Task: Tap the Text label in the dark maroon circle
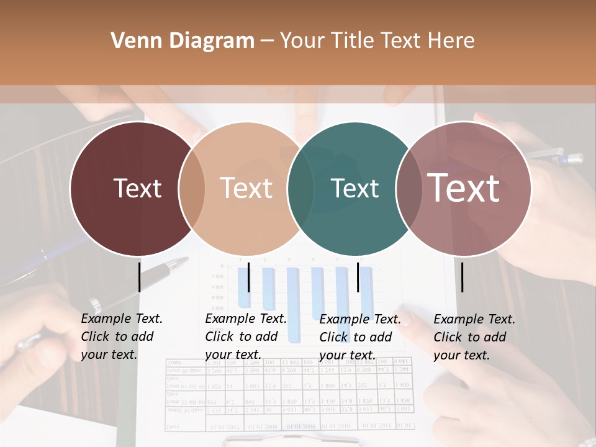tap(137, 188)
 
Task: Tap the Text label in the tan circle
tap(246, 188)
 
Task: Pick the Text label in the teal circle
tap(355, 188)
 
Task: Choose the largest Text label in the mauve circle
tap(464, 188)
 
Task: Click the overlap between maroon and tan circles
tap(192, 188)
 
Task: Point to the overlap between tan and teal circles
tap(301, 188)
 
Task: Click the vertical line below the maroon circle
tap(139, 276)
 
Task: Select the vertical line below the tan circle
tap(248, 276)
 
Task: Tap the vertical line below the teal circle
tap(358, 276)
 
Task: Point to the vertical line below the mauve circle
tap(462, 276)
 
